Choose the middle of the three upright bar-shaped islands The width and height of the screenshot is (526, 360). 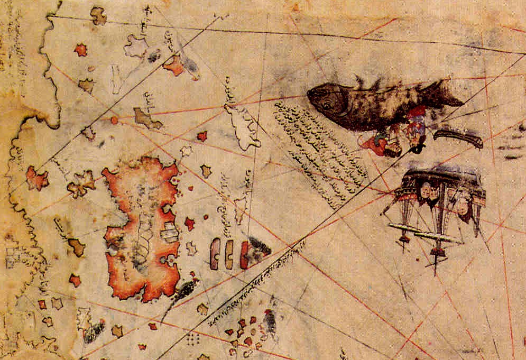coord(229,253)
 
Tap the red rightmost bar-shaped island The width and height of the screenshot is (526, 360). coord(244,254)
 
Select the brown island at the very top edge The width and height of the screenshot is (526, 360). coord(98,15)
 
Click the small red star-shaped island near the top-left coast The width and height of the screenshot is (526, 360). coord(80,50)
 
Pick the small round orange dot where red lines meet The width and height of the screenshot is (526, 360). coord(114,120)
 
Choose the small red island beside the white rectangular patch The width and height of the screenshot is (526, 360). coord(189,224)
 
